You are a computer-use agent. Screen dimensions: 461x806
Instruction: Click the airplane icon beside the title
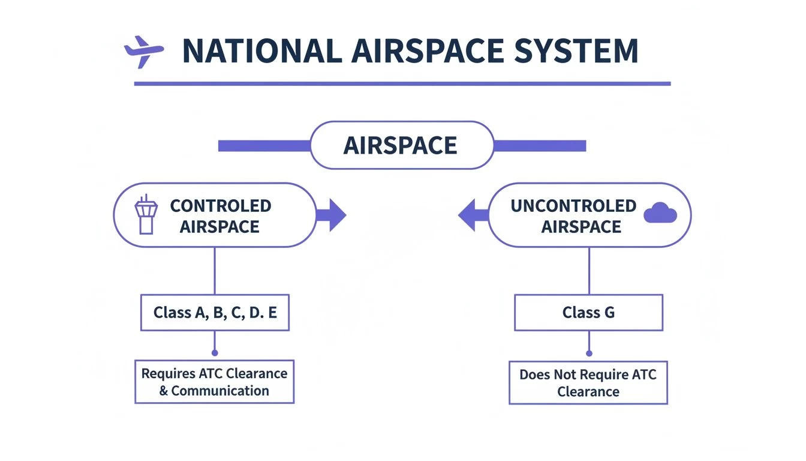point(143,52)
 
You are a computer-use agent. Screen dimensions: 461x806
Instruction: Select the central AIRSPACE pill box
point(401,145)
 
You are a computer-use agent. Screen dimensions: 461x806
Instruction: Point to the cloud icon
point(660,213)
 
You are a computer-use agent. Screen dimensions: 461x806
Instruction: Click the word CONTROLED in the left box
point(221,206)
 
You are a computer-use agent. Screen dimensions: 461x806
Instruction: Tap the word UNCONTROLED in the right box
point(573,206)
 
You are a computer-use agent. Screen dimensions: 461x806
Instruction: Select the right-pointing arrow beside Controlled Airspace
point(332,215)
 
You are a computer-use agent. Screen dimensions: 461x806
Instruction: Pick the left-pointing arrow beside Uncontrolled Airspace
point(473,215)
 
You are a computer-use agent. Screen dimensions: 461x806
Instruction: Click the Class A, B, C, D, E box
point(215,312)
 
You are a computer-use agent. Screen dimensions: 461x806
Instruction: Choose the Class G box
point(588,312)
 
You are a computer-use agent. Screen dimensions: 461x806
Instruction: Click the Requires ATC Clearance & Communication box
point(214,382)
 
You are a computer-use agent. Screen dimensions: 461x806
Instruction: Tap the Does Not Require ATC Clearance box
point(588,382)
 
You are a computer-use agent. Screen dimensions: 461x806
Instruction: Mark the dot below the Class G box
point(589,354)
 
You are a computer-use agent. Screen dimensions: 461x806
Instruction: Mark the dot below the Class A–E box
point(215,353)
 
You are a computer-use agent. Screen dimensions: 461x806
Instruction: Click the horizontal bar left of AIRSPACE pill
point(264,146)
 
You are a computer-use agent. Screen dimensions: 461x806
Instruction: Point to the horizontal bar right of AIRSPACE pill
point(539,146)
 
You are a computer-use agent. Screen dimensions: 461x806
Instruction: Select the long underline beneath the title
point(402,83)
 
